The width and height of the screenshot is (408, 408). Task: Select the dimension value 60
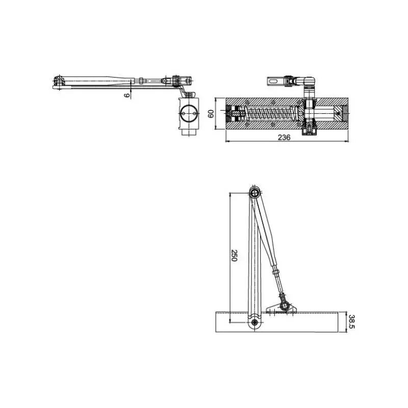(210, 113)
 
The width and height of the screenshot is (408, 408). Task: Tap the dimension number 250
(234, 256)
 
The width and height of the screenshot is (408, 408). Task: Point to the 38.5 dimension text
(351, 321)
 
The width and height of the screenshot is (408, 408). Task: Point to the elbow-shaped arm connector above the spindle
(309, 82)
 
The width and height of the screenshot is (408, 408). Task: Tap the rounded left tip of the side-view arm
(56, 82)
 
